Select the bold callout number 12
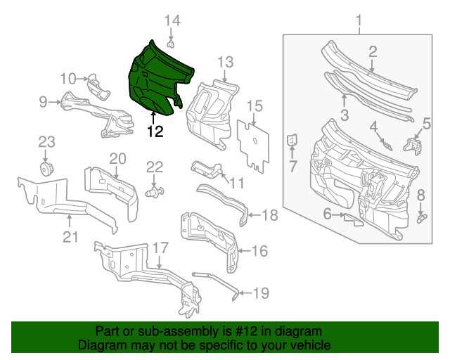coord(155,131)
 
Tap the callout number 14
coord(172,21)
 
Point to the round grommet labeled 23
coord(46,171)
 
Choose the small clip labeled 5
coord(413,147)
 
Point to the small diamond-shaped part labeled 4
coord(386,145)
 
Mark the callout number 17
coord(160,247)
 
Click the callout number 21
coord(69,237)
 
